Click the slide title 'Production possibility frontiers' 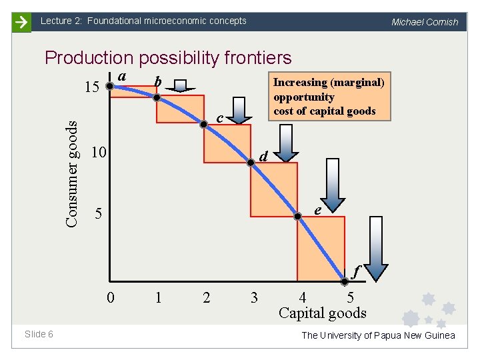[x=168, y=58]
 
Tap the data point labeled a [x=110, y=85]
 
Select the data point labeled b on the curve [x=157, y=97]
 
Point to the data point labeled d [x=251, y=161]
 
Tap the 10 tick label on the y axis [x=98, y=153]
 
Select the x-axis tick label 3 [x=253, y=297]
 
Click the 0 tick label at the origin [x=111, y=297]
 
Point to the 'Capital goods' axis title [x=323, y=313]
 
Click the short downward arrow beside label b [x=181, y=85]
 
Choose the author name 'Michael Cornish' [x=425, y=22]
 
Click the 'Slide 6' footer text [x=39, y=334]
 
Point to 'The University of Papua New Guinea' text [x=378, y=335]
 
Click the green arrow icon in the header [x=23, y=22]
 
